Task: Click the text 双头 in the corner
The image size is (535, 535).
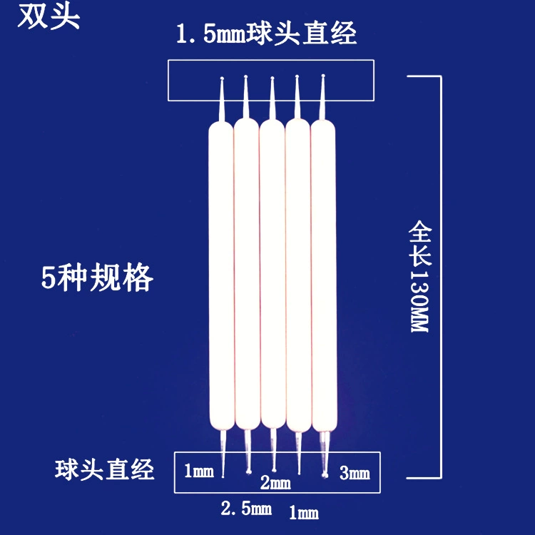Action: pos(49,16)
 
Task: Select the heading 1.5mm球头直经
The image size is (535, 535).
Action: pos(267,34)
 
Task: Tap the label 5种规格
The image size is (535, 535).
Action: pos(97,277)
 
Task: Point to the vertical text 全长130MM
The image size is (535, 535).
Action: pos(419,276)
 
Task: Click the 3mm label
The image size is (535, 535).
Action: pos(355,473)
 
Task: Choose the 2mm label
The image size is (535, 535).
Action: pos(275,483)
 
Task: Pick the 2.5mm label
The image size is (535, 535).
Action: pos(246,509)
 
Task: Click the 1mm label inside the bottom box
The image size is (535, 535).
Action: pos(199,471)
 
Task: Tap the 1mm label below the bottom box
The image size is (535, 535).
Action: pos(304,512)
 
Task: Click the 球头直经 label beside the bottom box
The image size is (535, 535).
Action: pos(104,470)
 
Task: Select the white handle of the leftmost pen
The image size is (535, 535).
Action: pos(221,275)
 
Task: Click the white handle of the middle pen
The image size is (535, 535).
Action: pos(272,274)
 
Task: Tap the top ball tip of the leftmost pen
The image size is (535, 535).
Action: pos(222,78)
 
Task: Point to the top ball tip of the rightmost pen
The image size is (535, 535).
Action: pos(323,76)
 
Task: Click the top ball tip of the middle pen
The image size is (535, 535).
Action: pos(272,78)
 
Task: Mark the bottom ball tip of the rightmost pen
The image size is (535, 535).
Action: pos(325,474)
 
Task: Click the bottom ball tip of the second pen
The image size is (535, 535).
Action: pos(249,472)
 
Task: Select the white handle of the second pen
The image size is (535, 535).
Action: pos(247,274)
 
